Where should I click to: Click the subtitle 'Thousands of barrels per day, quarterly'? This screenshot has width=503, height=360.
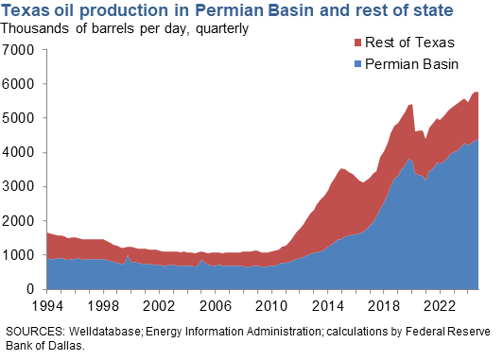[x=125, y=28]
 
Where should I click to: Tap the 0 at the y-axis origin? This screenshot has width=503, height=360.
[x=31, y=289]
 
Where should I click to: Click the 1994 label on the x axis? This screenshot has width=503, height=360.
[x=47, y=307]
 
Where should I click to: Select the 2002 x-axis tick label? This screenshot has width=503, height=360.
[x=157, y=307]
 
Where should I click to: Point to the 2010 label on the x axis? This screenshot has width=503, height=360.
[x=269, y=307]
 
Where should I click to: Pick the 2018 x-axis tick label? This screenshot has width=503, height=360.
[x=379, y=307]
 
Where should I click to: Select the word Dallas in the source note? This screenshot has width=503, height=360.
[x=53, y=345]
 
